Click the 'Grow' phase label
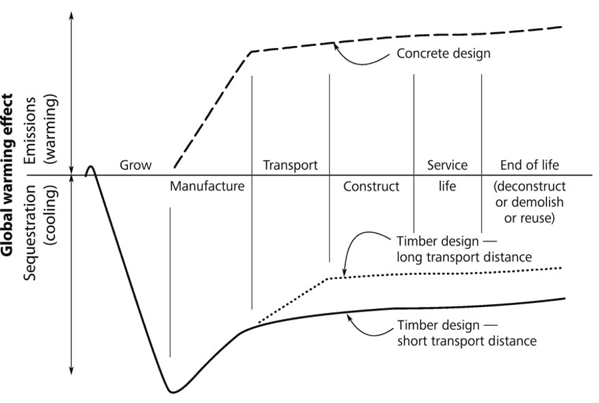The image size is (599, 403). (135, 165)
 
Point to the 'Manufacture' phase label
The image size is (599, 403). (207, 186)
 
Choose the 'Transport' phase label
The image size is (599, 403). (290, 165)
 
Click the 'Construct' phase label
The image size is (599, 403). (371, 186)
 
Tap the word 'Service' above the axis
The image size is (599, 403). (447, 165)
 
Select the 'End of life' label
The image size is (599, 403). (530, 165)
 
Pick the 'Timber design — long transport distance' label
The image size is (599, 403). (446, 248)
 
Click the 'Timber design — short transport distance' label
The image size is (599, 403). (447, 334)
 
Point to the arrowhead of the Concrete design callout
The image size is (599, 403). (336, 46)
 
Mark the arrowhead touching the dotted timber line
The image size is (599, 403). (344, 273)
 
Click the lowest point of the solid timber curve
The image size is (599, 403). (173, 392)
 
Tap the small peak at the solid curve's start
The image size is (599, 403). (91, 166)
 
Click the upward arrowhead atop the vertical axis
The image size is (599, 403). (72, 13)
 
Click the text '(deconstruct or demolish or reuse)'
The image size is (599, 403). (530, 202)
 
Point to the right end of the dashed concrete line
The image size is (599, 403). (561, 27)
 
